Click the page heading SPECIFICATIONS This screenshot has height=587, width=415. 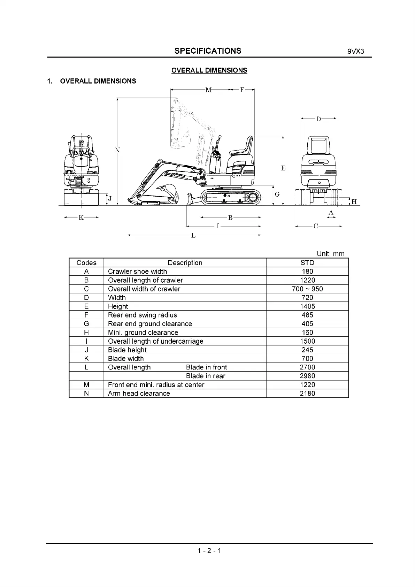pyautogui.click(x=208, y=51)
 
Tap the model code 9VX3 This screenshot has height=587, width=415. pyautogui.click(x=355, y=52)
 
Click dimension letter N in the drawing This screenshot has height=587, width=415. pyautogui.click(x=117, y=150)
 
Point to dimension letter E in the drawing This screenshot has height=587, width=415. pyautogui.click(x=283, y=168)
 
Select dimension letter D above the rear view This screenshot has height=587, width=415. pyautogui.click(x=318, y=119)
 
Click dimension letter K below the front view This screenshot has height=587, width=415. pyautogui.click(x=81, y=218)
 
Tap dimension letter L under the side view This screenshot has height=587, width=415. pyautogui.click(x=193, y=236)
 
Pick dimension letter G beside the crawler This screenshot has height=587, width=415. pyautogui.click(x=277, y=195)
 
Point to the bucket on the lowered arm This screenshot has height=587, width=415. pyautogui.click(x=169, y=191)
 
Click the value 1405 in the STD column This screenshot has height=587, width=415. pyautogui.click(x=307, y=306)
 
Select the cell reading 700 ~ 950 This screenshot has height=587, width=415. pyautogui.click(x=307, y=289)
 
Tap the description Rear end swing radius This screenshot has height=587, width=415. pyautogui.click(x=142, y=315)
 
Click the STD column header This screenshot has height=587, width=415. pyautogui.click(x=307, y=263)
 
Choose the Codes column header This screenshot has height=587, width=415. pyautogui.click(x=86, y=263)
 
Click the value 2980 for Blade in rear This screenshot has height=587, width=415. pyautogui.click(x=307, y=376)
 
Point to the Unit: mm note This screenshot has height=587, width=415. pyautogui.click(x=330, y=254)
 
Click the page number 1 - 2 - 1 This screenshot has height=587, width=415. pyautogui.click(x=209, y=551)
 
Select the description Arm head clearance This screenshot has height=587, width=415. pyautogui.click(x=139, y=394)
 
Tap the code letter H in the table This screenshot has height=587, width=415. pyautogui.click(x=86, y=333)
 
